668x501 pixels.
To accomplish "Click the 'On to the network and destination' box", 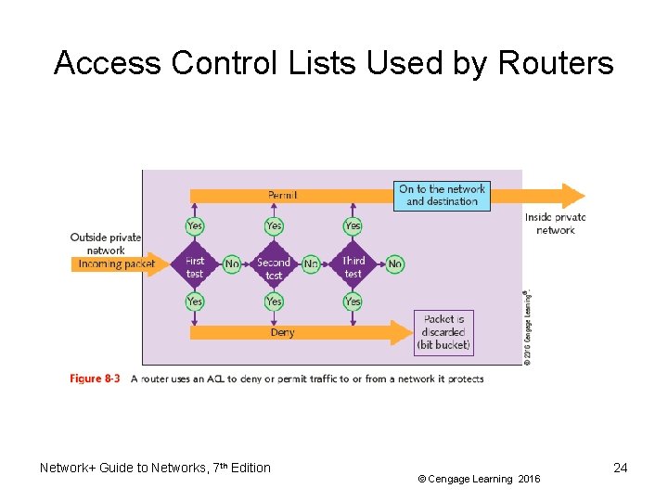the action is (442, 195).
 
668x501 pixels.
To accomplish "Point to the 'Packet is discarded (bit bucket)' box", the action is (443, 332).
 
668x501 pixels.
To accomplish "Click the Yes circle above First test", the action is (194, 225).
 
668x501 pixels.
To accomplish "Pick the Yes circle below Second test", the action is (274, 302).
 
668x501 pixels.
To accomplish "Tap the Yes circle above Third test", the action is (353, 225).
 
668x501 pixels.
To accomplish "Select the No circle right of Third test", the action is (394, 264).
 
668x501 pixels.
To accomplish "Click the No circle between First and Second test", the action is (232, 264).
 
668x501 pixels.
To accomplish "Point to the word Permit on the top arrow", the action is (283, 195).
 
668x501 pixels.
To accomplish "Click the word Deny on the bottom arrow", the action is (282, 332).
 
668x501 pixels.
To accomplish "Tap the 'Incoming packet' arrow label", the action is (117, 264).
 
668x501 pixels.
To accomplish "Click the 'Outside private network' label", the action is (105, 243).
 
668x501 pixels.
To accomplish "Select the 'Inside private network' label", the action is (556, 224).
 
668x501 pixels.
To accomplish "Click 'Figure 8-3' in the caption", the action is (96, 379).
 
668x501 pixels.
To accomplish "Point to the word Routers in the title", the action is (556, 63).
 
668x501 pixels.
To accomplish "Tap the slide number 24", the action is (620, 468).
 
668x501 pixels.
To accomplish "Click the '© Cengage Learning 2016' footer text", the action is (478, 479).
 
